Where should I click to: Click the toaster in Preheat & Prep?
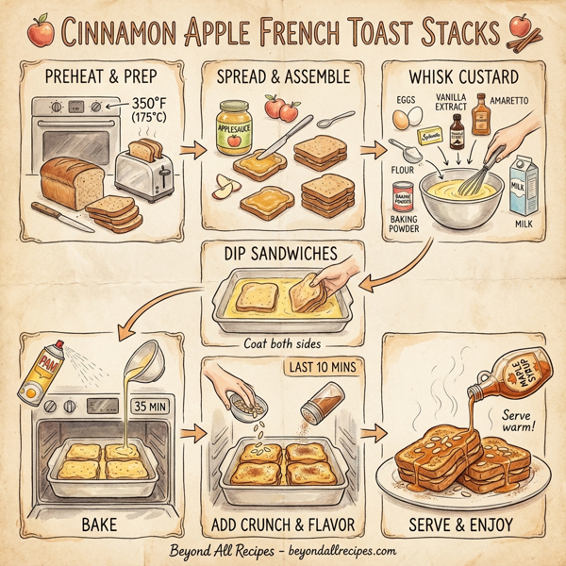coord(142,168)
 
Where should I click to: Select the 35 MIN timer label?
coord(151,407)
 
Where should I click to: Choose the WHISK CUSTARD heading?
coord(463,77)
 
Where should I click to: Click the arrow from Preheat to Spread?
coord(192,149)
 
